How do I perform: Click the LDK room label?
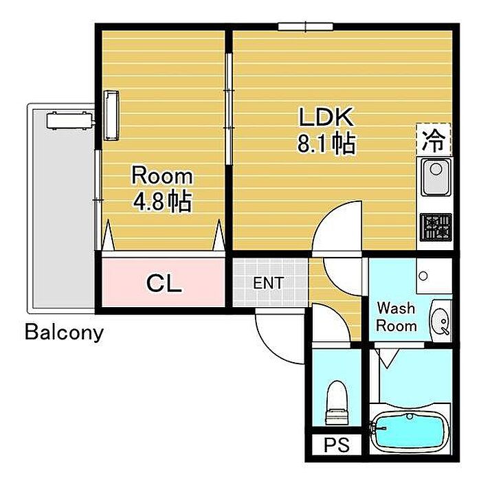coord(326,117)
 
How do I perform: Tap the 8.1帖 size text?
coord(326,143)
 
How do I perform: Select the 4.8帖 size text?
coord(163,201)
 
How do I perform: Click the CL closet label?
coord(164,283)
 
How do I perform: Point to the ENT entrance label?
coord(269,283)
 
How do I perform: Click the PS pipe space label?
coord(337,445)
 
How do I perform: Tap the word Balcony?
coord(64,333)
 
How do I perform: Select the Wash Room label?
coord(396,317)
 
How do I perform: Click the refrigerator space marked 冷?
coord(434,139)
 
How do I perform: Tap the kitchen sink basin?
coord(436,177)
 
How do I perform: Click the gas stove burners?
coord(436,227)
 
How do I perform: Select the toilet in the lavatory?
coord(337,403)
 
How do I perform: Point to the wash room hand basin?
coord(441,321)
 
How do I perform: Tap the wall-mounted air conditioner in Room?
coord(111,115)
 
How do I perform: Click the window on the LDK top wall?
coord(306,27)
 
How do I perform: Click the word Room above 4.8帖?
coord(162,176)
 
